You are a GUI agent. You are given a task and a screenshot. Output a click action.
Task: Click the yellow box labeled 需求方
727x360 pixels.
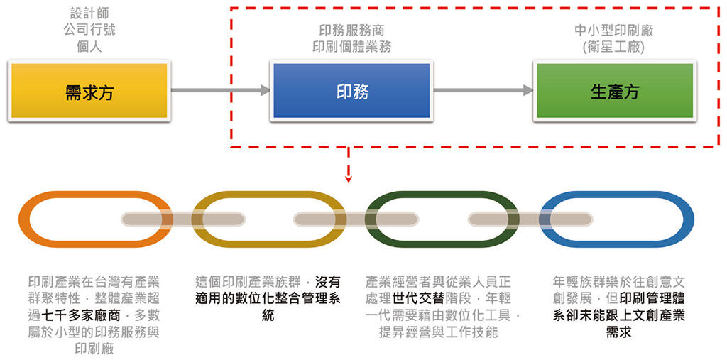click(x=89, y=91)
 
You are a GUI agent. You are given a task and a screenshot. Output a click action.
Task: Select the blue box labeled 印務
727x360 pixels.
click(x=352, y=91)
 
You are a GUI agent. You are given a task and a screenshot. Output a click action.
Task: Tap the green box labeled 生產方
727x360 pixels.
click(x=614, y=91)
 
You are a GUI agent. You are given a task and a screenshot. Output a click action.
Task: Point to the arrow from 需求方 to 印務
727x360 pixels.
click(x=220, y=90)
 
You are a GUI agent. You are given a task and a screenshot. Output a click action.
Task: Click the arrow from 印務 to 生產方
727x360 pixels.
click(x=483, y=90)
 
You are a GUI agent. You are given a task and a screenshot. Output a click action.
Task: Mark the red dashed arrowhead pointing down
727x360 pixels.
click(x=348, y=178)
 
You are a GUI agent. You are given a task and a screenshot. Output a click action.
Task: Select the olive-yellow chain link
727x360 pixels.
click(x=199, y=219)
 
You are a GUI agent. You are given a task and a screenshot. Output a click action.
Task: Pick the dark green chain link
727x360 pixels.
click(x=373, y=219)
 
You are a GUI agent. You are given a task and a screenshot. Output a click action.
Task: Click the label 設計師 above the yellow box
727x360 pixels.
click(x=89, y=13)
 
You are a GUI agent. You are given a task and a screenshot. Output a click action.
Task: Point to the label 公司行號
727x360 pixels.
click(x=89, y=30)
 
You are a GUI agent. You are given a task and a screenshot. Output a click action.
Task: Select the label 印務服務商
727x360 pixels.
click(x=352, y=31)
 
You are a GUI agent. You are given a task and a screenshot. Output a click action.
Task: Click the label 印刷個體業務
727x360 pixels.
click(x=352, y=47)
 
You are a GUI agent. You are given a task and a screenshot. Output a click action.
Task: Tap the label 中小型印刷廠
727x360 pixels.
click(x=614, y=31)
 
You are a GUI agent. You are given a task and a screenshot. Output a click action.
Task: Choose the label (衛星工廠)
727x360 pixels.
click(x=614, y=47)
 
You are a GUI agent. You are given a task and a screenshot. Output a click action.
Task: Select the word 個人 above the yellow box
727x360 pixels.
click(x=89, y=47)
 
